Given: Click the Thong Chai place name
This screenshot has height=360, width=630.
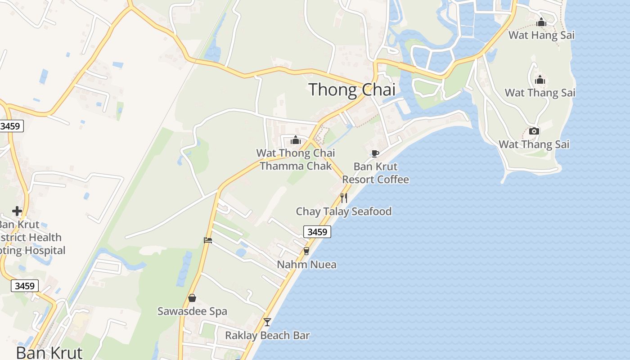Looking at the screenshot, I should tap(352, 90).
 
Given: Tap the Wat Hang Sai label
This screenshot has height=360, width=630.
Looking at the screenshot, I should tap(541, 35).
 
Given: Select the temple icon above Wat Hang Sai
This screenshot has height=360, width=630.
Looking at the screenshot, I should tap(541, 22).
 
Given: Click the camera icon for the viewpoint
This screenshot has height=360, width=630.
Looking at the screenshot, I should tap(534, 131).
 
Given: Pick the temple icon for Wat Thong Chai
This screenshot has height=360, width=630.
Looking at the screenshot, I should tap(296, 140).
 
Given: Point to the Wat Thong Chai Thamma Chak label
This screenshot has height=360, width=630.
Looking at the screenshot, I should tap(296, 160).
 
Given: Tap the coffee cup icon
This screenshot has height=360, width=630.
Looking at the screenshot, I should tap(375, 153).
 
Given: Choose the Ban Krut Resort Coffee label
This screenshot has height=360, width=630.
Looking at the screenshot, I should tap(375, 173).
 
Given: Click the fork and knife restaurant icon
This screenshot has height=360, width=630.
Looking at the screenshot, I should tap(344, 198).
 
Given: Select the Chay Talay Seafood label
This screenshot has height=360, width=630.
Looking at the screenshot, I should tap(344, 211).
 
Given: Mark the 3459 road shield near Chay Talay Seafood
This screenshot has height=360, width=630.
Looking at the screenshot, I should tap(317, 232).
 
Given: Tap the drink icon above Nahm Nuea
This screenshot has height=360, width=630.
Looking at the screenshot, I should tap(306, 251).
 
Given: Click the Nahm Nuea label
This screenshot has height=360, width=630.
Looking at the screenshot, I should tap(306, 265).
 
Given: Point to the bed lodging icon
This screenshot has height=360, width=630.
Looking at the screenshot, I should tap(208, 240).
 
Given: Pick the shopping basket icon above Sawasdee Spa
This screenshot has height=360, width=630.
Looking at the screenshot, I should tap(192, 298).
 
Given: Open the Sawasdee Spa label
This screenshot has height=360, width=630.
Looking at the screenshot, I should tap(192, 311).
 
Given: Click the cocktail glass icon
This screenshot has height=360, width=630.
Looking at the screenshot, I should tap(267, 322).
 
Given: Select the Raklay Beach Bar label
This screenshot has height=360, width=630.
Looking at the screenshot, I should tap(267, 336).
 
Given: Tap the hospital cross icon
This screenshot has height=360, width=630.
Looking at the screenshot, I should tap(17, 211).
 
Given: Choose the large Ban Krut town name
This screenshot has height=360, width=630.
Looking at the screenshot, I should tap(49, 352).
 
